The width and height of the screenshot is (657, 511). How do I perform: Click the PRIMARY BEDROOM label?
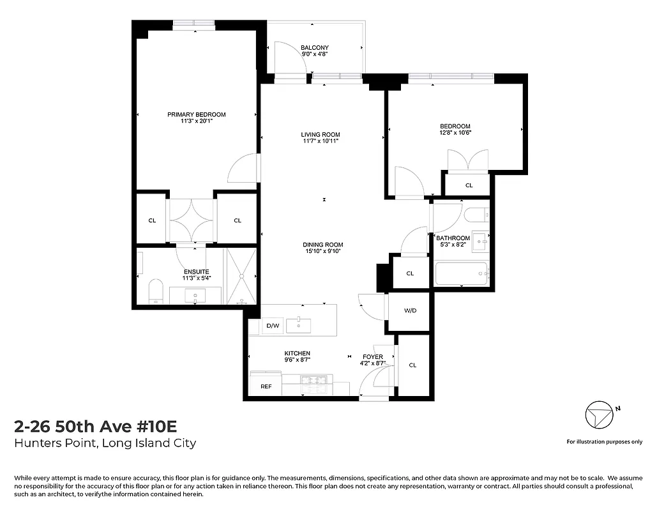coord(197,115)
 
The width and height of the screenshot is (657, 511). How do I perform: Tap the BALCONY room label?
coord(315,48)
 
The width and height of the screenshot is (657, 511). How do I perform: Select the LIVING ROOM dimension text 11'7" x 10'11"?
coord(321,141)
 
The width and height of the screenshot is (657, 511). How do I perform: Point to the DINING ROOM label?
coord(323,245)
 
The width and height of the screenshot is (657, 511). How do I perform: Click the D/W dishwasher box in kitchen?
coord(273,326)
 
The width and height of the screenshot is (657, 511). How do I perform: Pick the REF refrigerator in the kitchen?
coord(266,386)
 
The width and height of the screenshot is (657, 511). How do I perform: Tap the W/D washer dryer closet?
coord(410,311)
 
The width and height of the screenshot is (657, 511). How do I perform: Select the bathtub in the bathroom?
coord(460,274)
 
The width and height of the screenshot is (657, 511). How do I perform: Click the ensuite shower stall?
coord(242,276)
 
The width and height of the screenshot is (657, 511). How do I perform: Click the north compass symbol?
coord(598,416)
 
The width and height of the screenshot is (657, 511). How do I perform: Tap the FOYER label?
coord(373,357)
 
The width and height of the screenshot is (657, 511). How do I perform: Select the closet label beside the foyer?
coord(412,365)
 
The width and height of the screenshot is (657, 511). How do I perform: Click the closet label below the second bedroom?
coord(469,185)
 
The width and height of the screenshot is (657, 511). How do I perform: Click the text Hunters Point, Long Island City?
coord(105,443)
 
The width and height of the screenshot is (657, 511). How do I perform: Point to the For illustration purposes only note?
coord(604,442)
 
